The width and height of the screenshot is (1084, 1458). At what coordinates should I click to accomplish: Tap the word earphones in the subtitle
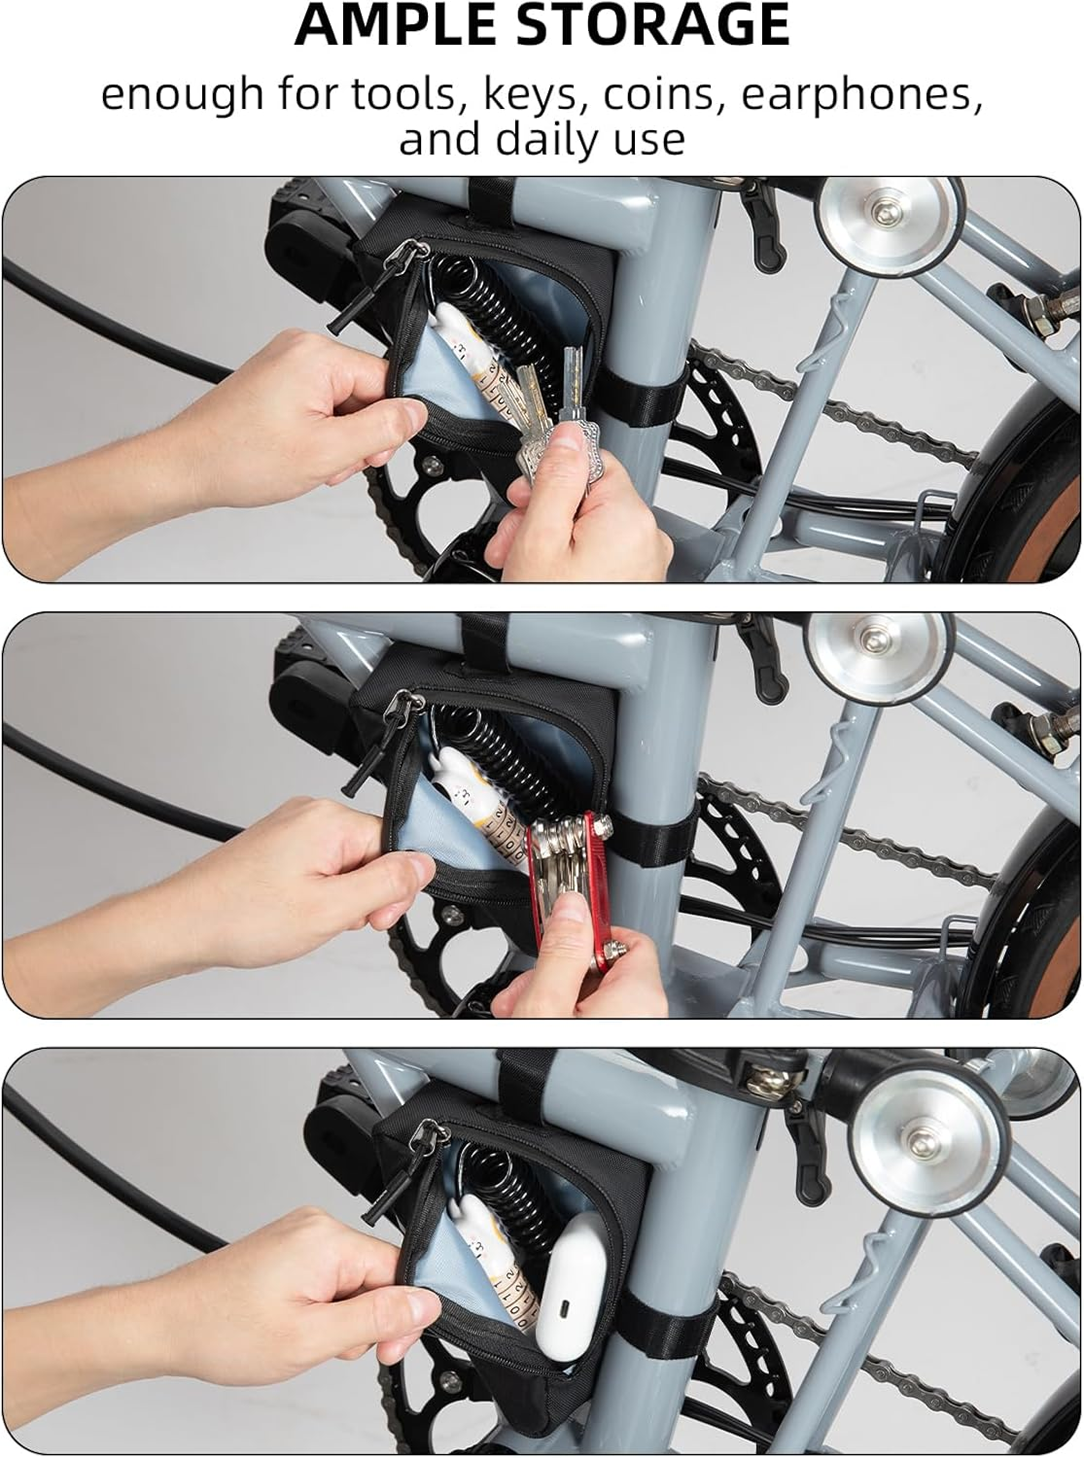pos(862,94)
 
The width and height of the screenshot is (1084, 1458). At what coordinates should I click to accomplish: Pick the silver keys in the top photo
pos(553,414)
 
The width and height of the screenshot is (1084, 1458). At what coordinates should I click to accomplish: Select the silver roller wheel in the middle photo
pos(878,658)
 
